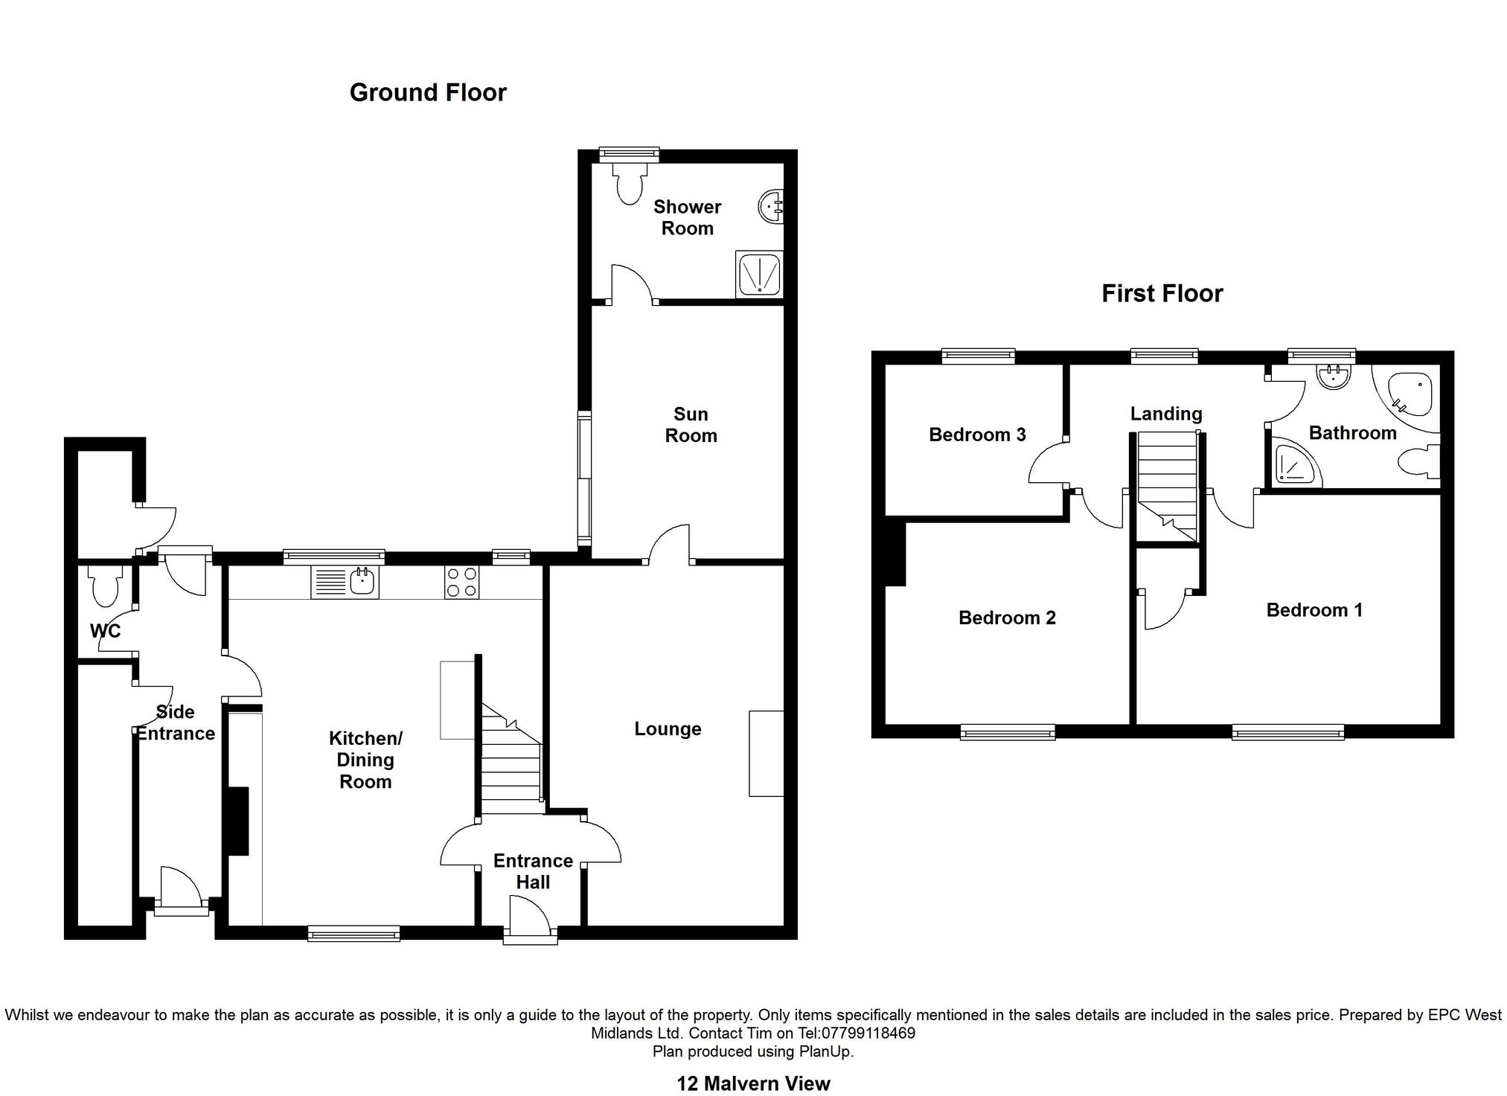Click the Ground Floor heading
click(x=428, y=92)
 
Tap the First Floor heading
click(x=1162, y=293)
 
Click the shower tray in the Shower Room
click(x=759, y=274)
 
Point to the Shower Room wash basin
click(x=771, y=205)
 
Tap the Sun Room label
click(x=691, y=425)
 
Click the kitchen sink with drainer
click(x=345, y=582)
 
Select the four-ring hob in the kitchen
click(x=462, y=582)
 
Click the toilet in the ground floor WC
click(x=103, y=586)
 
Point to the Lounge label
click(x=668, y=729)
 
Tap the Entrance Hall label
click(x=533, y=871)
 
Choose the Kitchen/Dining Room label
click(x=365, y=760)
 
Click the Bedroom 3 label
click(x=977, y=435)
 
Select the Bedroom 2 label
click(x=1007, y=618)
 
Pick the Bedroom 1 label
click(x=1314, y=610)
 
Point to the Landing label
click(x=1166, y=414)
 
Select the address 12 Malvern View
click(x=753, y=1083)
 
